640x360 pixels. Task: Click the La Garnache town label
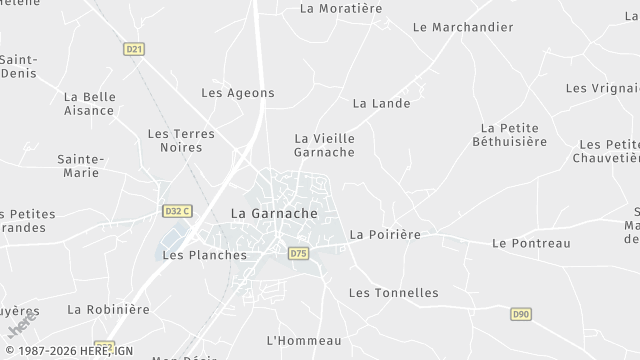tap(274, 213)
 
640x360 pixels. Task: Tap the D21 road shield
tap(134, 48)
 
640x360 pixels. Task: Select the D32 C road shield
tap(177, 211)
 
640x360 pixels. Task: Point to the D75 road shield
tap(298, 254)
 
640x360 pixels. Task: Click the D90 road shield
tap(520, 314)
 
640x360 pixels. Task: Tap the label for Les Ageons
tap(238, 93)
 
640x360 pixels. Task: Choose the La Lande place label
tap(382, 103)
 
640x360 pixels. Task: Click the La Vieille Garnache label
tap(324, 145)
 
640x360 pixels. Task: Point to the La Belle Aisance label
tap(89, 104)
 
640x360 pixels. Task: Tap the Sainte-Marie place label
tap(78, 166)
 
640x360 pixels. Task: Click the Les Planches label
tap(204, 255)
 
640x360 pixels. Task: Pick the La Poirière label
tap(385, 234)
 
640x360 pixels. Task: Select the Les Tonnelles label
tap(393, 293)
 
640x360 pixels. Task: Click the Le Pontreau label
tap(531, 243)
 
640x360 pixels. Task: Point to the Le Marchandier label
tap(462, 27)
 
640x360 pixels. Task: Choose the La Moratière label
tap(341, 9)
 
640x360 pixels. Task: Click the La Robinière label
tap(108, 310)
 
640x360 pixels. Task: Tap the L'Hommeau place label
tap(304, 341)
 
